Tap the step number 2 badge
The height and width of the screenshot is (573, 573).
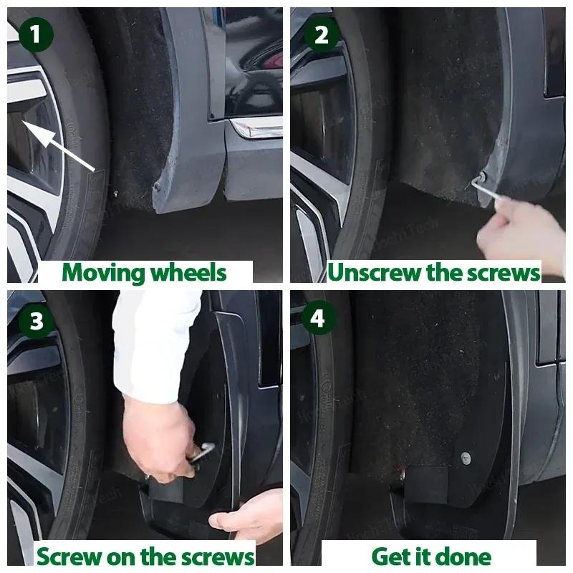point(321,34)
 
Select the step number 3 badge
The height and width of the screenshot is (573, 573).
point(36,322)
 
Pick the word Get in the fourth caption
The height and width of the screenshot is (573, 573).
point(392,557)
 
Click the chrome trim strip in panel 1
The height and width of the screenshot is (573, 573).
point(255,127)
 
